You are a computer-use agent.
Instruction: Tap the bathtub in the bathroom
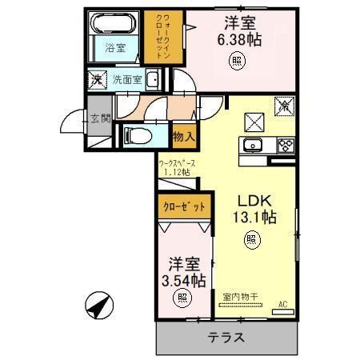point(114,24)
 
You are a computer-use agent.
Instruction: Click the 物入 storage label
point(183,137)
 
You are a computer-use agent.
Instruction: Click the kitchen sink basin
point(251,146)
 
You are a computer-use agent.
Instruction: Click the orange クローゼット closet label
point(185,206)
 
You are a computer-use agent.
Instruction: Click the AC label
point(284,303)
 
